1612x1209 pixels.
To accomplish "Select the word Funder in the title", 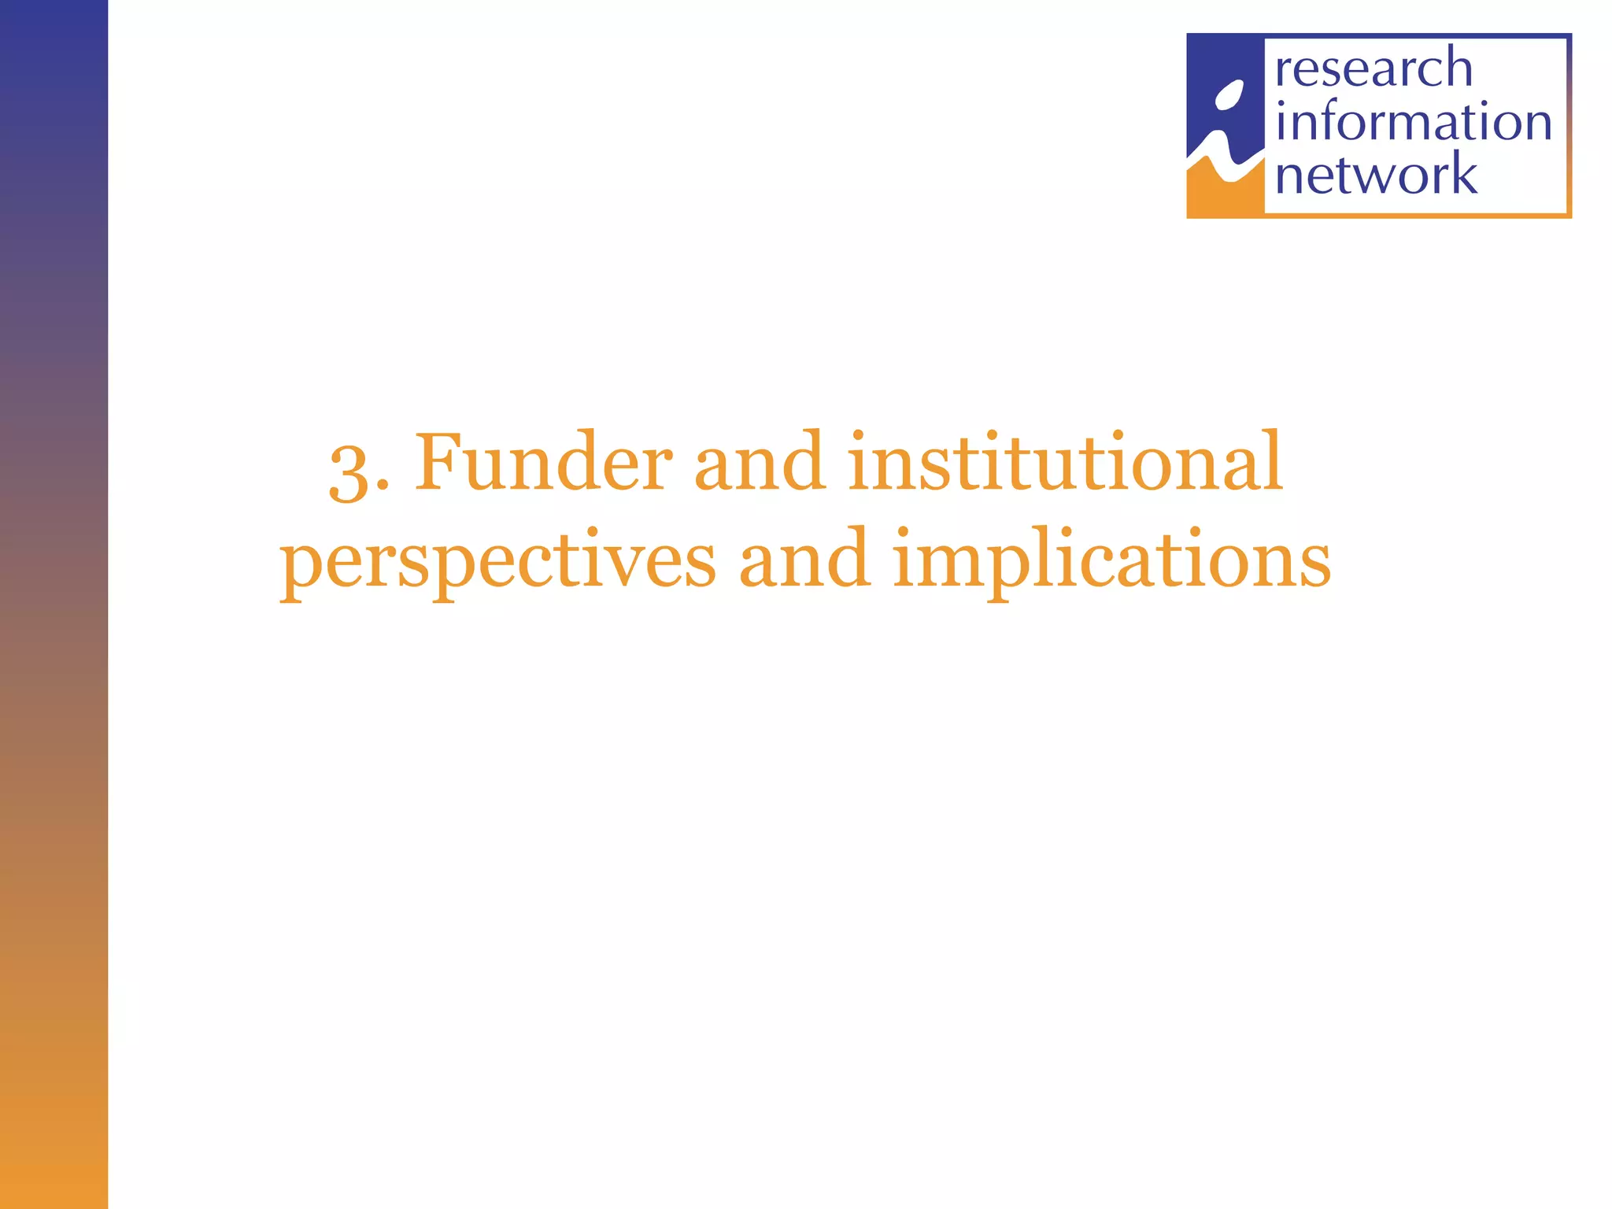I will coord(543,463).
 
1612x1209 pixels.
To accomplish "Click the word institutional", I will coord(1065,463).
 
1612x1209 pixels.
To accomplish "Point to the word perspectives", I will coord(498,561).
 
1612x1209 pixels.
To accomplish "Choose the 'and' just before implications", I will coord(804,560).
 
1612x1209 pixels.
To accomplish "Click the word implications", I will coord(1111,560).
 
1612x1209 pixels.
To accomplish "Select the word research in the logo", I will coord(1374,68).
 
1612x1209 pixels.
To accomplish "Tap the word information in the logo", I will coord(1413,122).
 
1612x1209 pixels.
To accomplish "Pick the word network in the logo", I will coord(1376,175).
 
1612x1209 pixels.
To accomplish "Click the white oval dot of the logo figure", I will coord(1229,96).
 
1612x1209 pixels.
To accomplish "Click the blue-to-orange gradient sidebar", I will coord(54,604).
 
